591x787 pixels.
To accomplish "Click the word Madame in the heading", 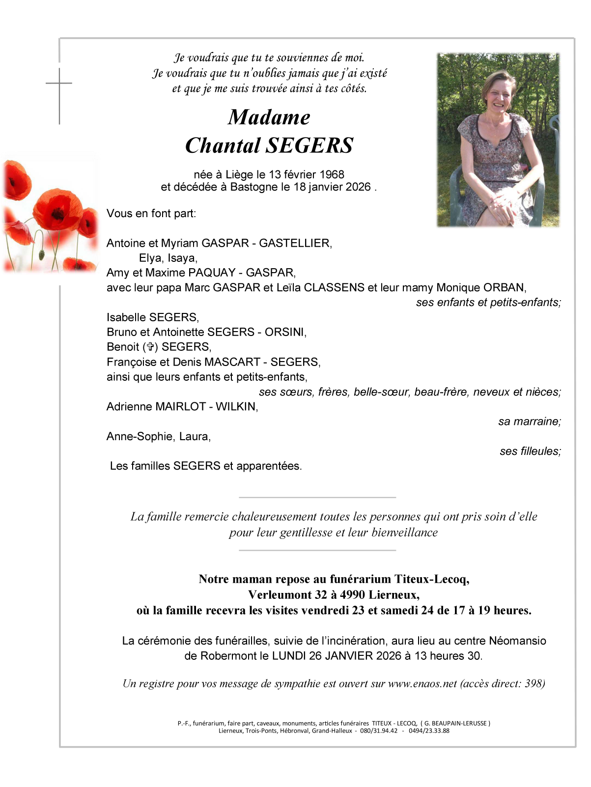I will (x=269, y=117).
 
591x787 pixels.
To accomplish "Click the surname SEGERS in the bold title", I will (x=310, y=145).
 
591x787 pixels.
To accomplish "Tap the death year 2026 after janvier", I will (x=358, y=187).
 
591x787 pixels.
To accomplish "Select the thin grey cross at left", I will (x=59, y=93).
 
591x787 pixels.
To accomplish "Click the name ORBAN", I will (x=504, y=287).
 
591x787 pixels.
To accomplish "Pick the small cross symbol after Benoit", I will (x=150, y=347).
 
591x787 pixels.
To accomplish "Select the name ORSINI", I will (x=284, y=332).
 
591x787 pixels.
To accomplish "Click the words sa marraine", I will (x=529, y=422).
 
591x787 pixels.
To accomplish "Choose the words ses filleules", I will (x=530, y=451).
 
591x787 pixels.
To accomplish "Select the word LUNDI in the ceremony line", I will (x=289, y=656).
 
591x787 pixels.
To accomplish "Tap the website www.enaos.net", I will (x=422, y=683).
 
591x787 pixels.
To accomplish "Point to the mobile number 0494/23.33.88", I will (x=429, y=731).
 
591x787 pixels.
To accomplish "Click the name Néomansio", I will (x=517, y=641).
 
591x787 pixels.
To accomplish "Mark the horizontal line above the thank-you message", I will (x=317, y=498).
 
